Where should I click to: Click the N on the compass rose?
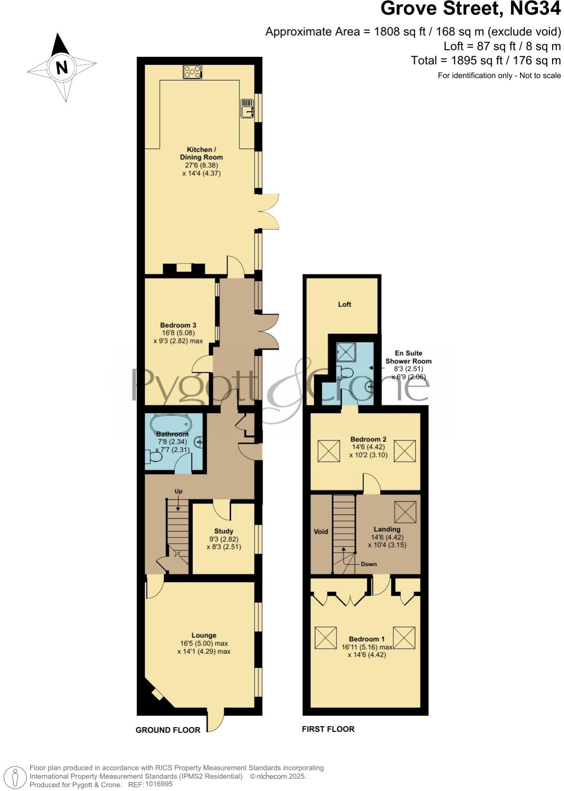[x=62, y=68]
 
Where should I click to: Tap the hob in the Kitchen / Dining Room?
[x=192, y=72]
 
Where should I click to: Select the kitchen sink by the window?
[x=247, y=108]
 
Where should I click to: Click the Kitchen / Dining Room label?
[x=202, y=153]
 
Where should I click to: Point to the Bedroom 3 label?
[x=178, y=325]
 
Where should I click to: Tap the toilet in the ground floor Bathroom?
[x=154, y=457]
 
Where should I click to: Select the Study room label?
[x=224, y=531]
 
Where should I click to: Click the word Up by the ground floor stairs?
[x=178, y=492]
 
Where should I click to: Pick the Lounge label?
[x=204, y=635]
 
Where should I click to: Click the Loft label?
[x=344, y=305]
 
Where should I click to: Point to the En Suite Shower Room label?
[x=408, y=357]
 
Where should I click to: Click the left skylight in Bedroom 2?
[x=329, y=451]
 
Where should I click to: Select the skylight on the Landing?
[x=405, y=512]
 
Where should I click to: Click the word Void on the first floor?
[x=321, y=532]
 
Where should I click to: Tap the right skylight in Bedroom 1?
[x=404, y=638]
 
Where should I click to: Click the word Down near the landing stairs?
[x=369, y=564]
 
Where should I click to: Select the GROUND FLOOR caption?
[x=168, y=730]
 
